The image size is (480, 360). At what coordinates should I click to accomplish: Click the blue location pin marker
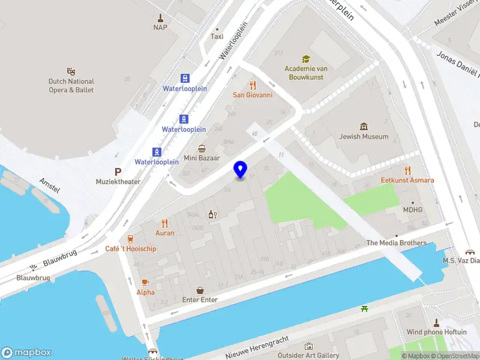[x=241, y=170]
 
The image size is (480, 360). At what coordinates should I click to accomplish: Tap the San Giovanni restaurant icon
[x=253, y=85]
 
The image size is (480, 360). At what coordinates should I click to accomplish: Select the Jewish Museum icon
[x=364, y=127]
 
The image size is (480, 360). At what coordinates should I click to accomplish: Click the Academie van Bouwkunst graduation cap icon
[x=305, y=59]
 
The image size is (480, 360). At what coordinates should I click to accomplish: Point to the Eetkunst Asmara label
[x=407, y=180]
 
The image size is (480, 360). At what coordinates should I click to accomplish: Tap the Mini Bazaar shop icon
[x=202, y=149]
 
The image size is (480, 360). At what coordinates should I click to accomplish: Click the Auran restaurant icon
[x=165, y=223]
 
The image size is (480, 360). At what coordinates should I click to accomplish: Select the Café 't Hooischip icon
[x=131, y=239]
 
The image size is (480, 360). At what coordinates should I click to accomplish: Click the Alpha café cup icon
[x=145, y=282]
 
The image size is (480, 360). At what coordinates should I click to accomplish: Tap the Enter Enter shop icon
[x=200, y=290]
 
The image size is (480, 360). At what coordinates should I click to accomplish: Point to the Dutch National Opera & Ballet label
[x=71, y=86]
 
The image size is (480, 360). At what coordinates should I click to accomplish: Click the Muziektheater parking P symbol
[x=118, y=172]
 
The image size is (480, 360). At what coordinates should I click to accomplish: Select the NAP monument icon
[x=160, y=17]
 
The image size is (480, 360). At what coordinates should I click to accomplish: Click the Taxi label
[x=217, y=37]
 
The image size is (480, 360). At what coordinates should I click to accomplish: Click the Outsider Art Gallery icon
[x=308, y=346]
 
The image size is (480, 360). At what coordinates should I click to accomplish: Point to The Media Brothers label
[x=397, y=243]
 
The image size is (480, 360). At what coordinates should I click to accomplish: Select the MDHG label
[x=412, y=209]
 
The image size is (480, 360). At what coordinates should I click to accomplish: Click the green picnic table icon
[x=364, y=309]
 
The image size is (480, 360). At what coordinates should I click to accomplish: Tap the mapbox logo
[x=26, y=353]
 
